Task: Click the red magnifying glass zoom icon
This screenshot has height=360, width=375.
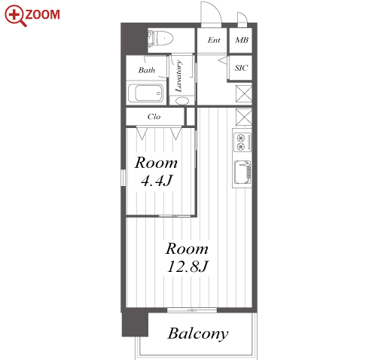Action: pyautogui.click(x=15, y=16)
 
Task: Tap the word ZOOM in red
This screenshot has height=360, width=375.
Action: pyautogui.click(x=43, y=14)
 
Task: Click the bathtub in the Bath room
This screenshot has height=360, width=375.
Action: pyautogui.click(x=145, y=93)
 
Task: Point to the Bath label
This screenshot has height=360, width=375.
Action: pyautogui.click(x=147, y=70)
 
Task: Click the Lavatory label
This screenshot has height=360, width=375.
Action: pyautogui.click(x=178, y=76)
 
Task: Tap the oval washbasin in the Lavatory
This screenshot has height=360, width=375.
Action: pyautogui.click(x=182, y=101)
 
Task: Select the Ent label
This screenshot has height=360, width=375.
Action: pyautogui.click(x=214, y=40)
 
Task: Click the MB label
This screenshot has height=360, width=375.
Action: pyautogui.click(x=242, y=40)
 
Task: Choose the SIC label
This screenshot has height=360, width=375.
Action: pyautogui.click(x=241, y=68)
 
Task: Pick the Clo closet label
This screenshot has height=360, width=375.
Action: pyautogui.click(x=154, y=117)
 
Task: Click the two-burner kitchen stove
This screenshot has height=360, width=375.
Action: pyautogui.click(x=242, y=142)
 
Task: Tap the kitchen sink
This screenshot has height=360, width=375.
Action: pyautogui.click(x=242, y=172)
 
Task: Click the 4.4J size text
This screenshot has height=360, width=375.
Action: pyautogui.click(x=157, y=181)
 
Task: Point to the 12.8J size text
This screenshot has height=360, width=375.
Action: pyautogui.click(x=187, y=267)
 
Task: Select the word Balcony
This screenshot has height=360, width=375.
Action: pyautogui.click(x=198, y=334)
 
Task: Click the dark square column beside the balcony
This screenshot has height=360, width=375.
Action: pyautogui.click(x=135, y=325)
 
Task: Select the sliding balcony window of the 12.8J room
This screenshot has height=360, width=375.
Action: pyautogui.click(x=192, y=310)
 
